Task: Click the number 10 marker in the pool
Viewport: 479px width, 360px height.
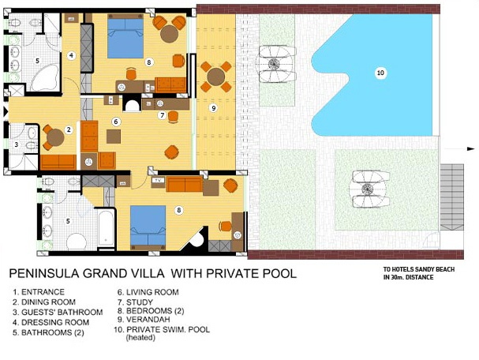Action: (x=380, y=73)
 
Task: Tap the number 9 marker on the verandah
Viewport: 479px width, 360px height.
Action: (x=213, y=107)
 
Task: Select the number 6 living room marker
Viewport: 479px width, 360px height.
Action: (x=115, y=122)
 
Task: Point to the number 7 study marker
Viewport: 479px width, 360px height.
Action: (x=163, y=115)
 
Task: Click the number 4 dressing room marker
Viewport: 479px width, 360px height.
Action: (x=71, y=55)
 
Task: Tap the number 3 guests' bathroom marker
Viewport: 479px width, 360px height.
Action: (x=17, y=144)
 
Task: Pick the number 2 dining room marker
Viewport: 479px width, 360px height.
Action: (x=69, y=129)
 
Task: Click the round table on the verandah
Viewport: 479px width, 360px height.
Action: (x=216, y=77)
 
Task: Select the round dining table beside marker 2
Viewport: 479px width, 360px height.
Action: (x=55, y=137)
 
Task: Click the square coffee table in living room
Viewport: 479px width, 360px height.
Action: (x=114, y=137)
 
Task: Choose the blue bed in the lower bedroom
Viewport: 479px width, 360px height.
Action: (x=148, y=225)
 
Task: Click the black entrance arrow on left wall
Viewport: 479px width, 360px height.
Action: (x=6, y=111)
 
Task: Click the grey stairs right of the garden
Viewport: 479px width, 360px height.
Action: (x=451, y=197)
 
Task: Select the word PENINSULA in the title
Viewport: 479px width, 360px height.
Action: (x=45, y=273)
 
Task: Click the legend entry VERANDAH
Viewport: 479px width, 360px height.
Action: (x=144, y=320)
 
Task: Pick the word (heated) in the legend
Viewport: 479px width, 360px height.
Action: (x=140, y=338)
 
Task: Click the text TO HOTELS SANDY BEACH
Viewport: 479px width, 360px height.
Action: (x=419, y=269)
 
